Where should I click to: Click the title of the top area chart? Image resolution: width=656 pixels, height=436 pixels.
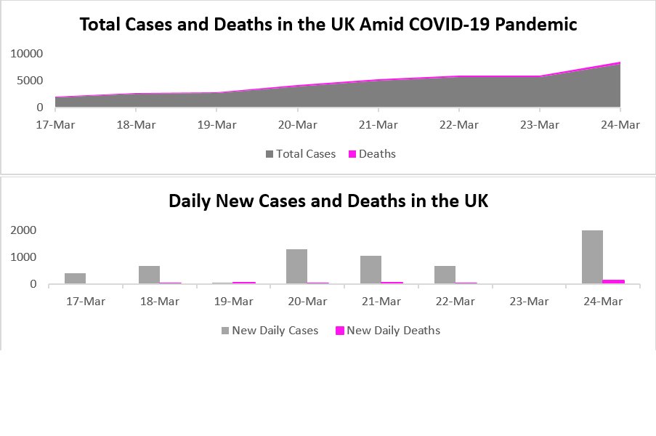pos(328,25)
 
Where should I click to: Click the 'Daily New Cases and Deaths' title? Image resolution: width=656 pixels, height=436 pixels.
pos(328,201)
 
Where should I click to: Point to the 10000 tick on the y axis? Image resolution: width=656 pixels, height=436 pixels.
pos(28,54)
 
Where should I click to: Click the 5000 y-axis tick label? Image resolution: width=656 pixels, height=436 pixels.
pos(31,81)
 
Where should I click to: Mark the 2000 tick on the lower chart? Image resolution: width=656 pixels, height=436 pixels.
pos(23,230)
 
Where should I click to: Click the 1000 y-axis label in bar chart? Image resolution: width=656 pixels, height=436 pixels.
pos(23,257)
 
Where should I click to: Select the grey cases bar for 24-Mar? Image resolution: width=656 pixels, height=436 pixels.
pos(592,257)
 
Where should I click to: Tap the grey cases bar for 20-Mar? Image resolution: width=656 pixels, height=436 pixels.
pos(296,267)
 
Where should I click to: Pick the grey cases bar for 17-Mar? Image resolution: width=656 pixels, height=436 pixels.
pos(75,278)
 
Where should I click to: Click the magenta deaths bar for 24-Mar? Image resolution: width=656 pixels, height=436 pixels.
pos(614,281)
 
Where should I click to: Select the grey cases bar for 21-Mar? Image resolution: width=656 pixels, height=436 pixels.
pos(370,270)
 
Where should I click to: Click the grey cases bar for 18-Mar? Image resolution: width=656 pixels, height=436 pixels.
pos(149,275)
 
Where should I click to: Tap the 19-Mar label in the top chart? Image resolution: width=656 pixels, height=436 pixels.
pos(216,125)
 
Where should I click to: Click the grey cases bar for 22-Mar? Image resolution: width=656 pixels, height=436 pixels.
pos(445,275)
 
